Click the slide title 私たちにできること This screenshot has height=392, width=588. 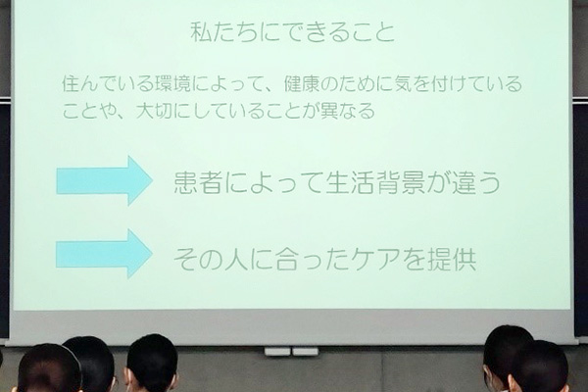coord(293,32)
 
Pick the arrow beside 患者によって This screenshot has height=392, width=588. coord(104,180)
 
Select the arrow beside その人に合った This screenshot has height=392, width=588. coord(104,254)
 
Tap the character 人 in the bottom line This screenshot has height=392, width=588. coord(236,260)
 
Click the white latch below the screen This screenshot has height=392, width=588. coord(291,352)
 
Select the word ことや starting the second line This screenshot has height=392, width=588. coord(85,112)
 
